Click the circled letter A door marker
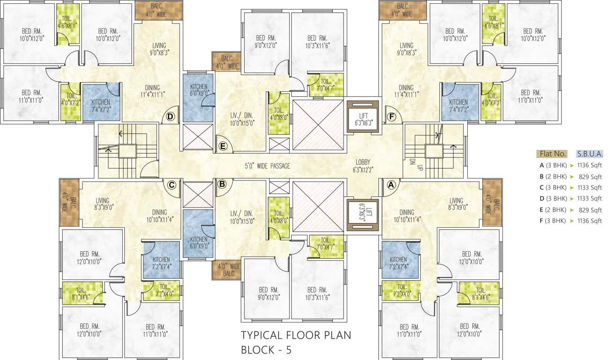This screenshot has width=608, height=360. point(390,185)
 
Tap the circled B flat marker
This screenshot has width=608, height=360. point(222,185)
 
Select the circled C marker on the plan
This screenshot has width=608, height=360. point(172,185)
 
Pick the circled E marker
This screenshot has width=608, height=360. point(223,146)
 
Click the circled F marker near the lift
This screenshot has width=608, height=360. point(390,116)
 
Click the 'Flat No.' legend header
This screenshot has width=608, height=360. point(553,154)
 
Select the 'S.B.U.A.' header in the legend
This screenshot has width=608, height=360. point(589,154)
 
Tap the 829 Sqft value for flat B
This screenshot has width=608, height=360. point(590,176)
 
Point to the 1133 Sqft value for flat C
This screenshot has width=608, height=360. point(590,187)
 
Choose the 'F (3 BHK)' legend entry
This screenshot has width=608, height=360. point(553,221)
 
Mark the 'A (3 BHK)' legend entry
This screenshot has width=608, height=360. point(553,165)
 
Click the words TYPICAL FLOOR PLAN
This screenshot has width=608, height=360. point(296,335)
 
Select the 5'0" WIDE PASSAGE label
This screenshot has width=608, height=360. point(267,166)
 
